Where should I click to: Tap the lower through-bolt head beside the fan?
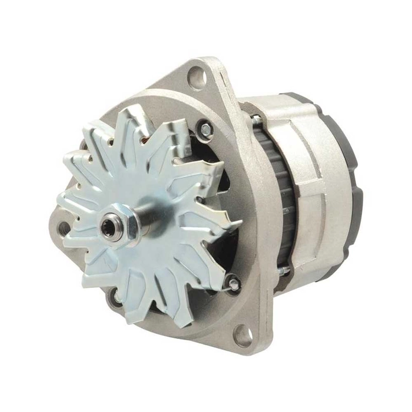coord(233,284)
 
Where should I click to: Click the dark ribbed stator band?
coord(277,194)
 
